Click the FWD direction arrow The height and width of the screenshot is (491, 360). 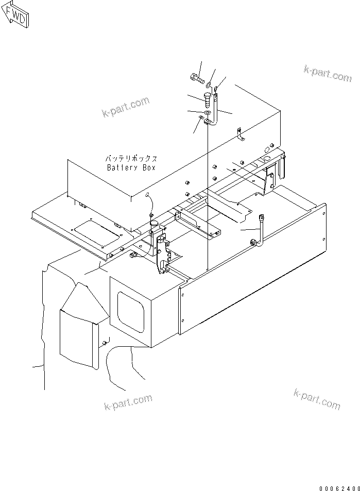[15, 16]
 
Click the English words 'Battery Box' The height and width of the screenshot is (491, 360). [131, 168]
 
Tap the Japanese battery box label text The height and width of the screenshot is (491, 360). [131, 159]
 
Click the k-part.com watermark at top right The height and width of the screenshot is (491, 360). [327, 74]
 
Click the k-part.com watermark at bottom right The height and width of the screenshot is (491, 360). [317, 399]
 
